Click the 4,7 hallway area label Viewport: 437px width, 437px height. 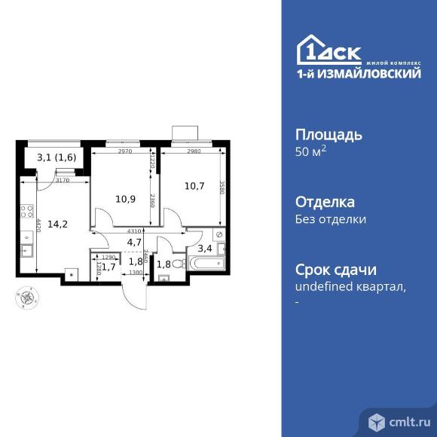(135, 242)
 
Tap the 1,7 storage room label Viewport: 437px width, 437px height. (108, 267)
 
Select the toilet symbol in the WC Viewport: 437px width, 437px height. (164, 276)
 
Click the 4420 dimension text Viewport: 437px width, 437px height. (37, 226)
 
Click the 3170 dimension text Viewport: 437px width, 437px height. (62, 180)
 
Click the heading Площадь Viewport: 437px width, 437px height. (328, 136)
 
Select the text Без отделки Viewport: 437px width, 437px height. (330, 220)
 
